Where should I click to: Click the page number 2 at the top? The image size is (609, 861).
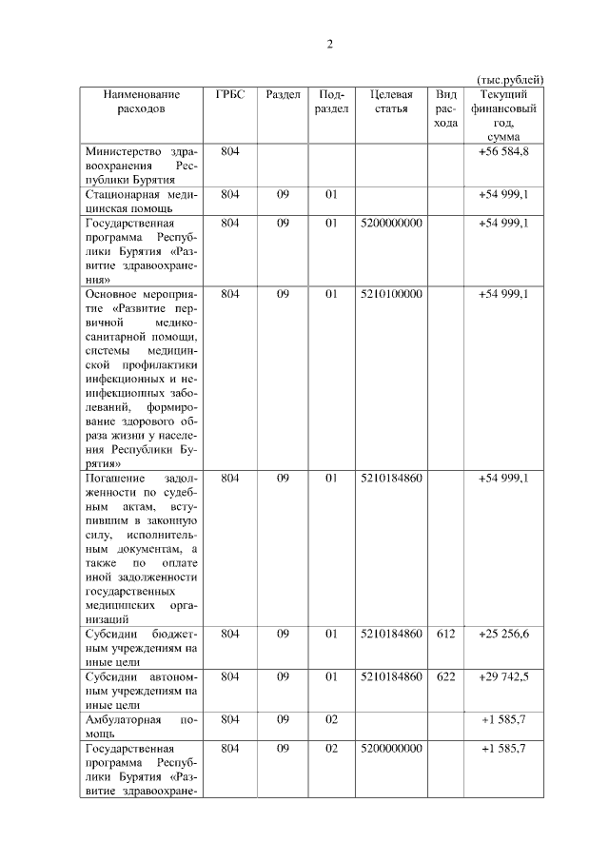330,45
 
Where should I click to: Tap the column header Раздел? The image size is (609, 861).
283,94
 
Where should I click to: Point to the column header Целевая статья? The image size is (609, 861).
391,101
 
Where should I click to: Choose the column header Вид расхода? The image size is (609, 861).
445,108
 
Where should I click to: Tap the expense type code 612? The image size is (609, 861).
445,634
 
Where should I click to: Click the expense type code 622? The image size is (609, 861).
445,676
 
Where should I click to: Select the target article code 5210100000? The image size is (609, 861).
391,294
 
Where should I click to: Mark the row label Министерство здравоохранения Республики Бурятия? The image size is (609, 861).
141,165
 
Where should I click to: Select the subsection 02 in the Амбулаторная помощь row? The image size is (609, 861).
331,719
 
